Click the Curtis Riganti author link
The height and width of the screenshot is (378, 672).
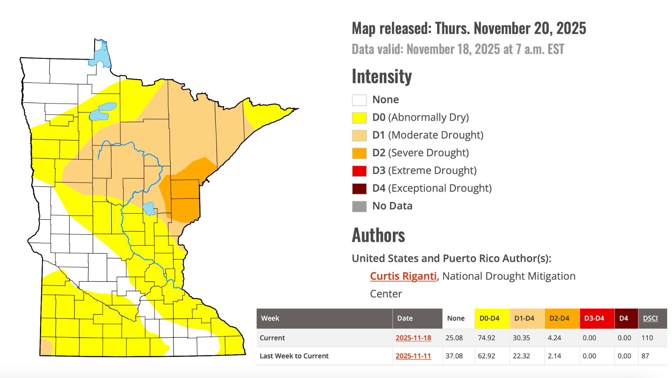point(403,276)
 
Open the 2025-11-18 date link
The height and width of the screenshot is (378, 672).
point(413,338)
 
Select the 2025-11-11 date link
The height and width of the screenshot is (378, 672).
point(413,356)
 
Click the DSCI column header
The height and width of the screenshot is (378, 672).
point(650,318)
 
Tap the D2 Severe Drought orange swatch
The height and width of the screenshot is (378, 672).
point(359,153)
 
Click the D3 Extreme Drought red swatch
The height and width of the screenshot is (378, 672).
point(359,171)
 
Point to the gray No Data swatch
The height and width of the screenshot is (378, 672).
point(359,206)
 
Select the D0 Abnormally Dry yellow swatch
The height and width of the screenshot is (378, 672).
point(359,118)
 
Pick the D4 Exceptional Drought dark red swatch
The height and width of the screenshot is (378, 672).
point(359,189)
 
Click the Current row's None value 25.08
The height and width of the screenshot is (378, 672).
point(454,338)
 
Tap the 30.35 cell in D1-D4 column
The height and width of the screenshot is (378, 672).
point(521,338)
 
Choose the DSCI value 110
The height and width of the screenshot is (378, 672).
point(647,338)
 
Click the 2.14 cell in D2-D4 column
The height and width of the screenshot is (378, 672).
point(554,356)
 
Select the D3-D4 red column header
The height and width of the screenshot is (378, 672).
point(594,318)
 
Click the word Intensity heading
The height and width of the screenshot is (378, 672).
point(381,77)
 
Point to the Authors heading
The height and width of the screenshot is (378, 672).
point(378,235)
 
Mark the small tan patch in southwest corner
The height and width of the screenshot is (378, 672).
point(46,346)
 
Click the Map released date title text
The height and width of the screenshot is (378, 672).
point(469,28)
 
